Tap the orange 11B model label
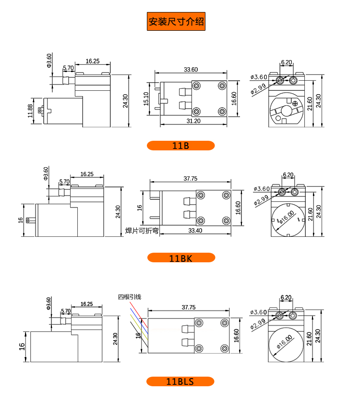[x=180, y=146]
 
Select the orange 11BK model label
[x=180, y=258]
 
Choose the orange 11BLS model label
[x=180, y=382]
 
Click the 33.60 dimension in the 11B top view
[x=191, y=70]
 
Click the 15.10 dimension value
[x=146, y=98]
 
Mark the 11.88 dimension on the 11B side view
[x=30, y=111]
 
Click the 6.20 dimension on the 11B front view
[x=287, y=62]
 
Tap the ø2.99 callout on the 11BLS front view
[x=258, y=325]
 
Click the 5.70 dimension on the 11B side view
[x=68, y=68]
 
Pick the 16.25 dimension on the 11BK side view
[x=87, y=174]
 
